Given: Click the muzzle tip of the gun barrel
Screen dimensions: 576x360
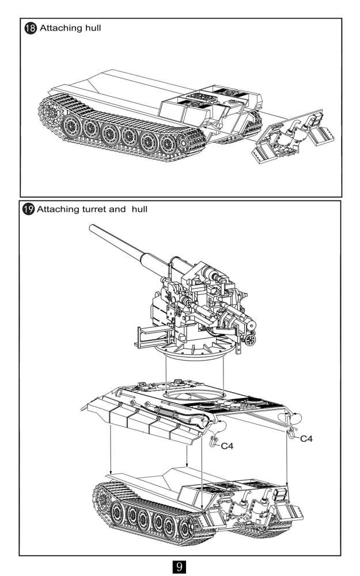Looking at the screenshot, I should click(90, 226).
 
